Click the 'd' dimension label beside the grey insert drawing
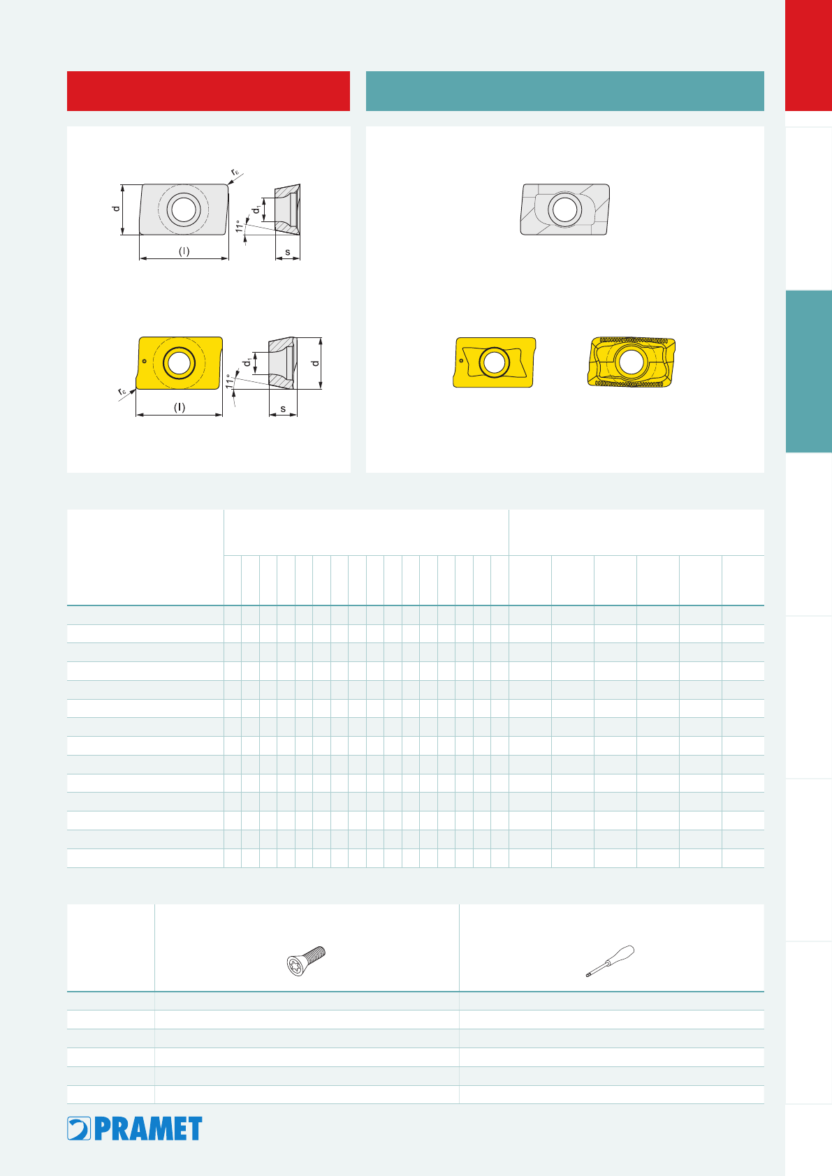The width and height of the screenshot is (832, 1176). coord(116,208)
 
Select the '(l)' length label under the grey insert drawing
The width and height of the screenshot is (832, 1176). coord(184,251)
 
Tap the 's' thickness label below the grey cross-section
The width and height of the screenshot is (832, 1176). coord(287,252)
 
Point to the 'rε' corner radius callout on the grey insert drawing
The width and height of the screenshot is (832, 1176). coord(235,172)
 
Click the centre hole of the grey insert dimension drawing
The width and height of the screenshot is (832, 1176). coord(183,209)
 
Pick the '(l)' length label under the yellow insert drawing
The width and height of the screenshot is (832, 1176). coord(180,407)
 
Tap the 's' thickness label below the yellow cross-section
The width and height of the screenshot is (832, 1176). coord(283,409)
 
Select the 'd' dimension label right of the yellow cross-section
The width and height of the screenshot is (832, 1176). coord(315,362)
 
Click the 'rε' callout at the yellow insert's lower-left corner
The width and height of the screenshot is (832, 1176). coord(122,392)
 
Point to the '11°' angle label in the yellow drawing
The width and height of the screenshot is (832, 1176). coord(230,381)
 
